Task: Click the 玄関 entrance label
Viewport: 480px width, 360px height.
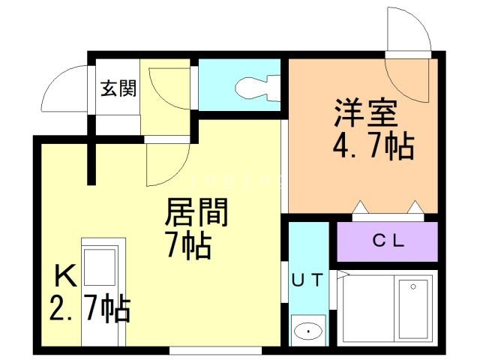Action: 118,88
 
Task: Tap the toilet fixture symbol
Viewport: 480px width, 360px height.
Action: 258,88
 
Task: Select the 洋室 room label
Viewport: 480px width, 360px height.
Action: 365,112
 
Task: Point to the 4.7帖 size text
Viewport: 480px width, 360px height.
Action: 373,146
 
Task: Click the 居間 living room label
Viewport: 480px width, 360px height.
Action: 196,211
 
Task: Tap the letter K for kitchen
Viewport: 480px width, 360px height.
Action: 65,276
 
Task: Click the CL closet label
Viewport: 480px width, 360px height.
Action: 388,241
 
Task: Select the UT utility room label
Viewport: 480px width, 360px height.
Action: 307,280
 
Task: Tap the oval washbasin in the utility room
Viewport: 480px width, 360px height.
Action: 308,331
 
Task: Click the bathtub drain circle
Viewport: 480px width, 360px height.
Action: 413,286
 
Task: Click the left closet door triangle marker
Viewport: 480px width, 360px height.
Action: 361,207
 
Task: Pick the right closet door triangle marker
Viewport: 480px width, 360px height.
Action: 415,207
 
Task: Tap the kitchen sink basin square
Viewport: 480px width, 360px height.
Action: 100,267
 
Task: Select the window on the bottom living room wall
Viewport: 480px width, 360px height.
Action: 215,350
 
